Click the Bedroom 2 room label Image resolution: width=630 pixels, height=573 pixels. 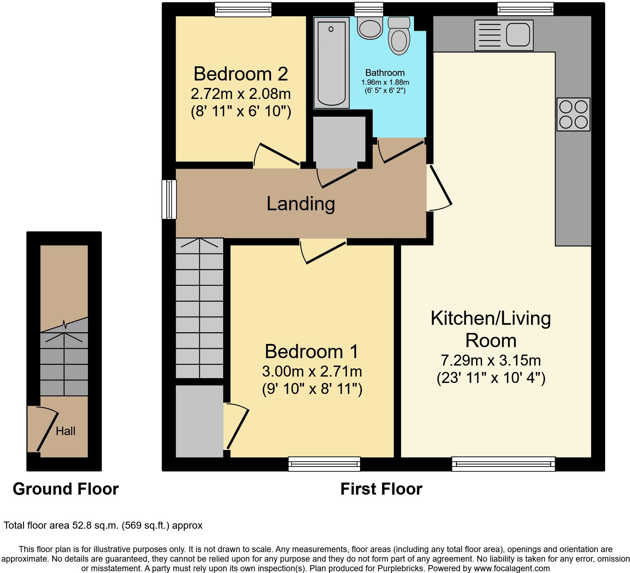tap(241, 74)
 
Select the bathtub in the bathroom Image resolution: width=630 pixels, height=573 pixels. tap(331, 63)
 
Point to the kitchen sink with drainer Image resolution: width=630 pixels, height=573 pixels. tap(504, 35)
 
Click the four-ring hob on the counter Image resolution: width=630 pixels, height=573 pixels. tap(573, 115)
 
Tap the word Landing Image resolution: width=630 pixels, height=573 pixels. tap(300, 204)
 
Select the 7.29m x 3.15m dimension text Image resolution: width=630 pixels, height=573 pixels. tap(491, 361)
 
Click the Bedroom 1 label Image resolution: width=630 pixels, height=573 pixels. tap(311, 351)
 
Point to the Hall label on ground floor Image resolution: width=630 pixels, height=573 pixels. tap(66, 431)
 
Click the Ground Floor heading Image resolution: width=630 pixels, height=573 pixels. tap(66, 489)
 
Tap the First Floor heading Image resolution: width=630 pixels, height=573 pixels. tap(381, 489)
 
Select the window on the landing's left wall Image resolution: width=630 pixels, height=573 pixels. tap(169, 199)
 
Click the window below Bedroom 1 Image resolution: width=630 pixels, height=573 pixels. tap(324, 464)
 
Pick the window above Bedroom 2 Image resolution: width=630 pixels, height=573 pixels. tap(243, 9)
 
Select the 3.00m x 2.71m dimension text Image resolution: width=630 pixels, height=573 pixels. tap(312, 372)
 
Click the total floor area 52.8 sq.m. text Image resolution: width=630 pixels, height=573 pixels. tap(103, 525)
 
